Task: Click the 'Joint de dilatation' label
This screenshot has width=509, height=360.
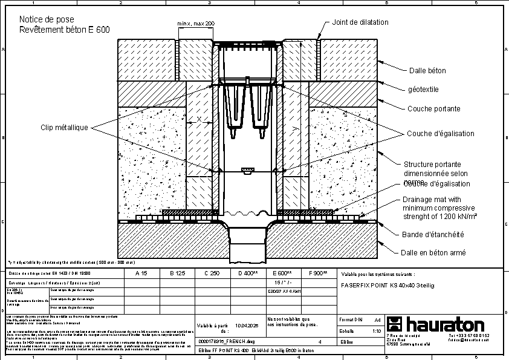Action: tap(360, 22)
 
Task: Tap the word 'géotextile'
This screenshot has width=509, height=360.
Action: tap(423, 90)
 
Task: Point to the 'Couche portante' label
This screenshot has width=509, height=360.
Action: tap(433, 109)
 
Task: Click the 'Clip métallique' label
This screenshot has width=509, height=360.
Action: tap(65, 128)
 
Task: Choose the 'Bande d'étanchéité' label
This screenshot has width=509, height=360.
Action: tap(433, 235)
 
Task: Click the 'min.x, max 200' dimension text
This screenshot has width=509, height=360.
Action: tap(196, 23)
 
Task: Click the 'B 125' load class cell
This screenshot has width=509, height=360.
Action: tap(177, 273)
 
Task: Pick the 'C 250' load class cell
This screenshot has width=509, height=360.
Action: tap(212, 273)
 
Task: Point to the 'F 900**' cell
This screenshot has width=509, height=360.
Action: tap(317, 273)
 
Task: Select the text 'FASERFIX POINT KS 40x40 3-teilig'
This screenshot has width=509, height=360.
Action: tap(387, 285)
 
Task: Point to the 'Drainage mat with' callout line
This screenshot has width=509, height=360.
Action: tap(432, 200)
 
